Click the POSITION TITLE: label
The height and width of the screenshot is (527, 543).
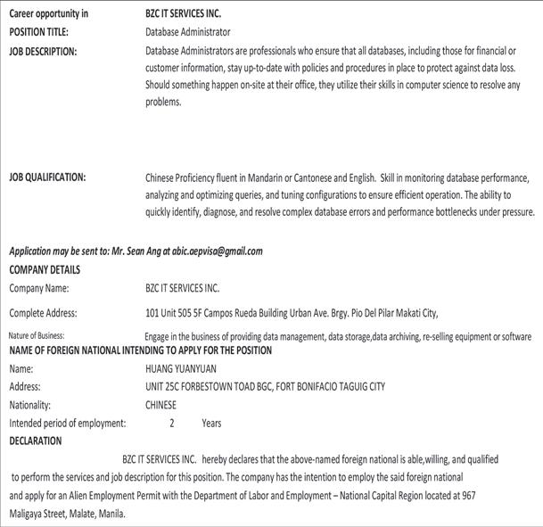click(x=39, y=32)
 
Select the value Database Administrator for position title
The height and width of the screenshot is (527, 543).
click(x=186, y=32)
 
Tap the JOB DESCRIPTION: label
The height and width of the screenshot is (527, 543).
click(x=43, y=51)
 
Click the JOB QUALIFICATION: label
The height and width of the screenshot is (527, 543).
click(x=47, y=177)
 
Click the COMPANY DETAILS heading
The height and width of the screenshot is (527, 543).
click(x=45, y=269)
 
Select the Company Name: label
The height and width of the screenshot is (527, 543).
click(x=39, y=289)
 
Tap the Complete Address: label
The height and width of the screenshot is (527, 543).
click(x=44, y=313)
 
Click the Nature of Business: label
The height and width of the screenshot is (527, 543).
click(x=37, y=335)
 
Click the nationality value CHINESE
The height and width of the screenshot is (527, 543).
click(x=160, y=405)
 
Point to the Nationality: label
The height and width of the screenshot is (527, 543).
click(x=31, y=405)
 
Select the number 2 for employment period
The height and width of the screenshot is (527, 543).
click(x=172, y=424)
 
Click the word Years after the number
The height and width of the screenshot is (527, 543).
click(x=211, y=424)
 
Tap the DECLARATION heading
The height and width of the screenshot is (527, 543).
click(x=36, y=441)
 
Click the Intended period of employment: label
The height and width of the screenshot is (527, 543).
click(x=68, y=424)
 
